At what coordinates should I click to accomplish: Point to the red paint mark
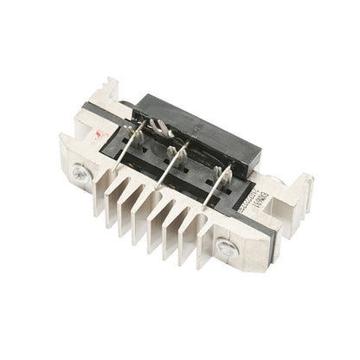[103, 137]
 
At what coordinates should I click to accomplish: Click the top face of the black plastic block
[208, 121]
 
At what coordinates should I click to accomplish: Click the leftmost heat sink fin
[112, 208]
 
